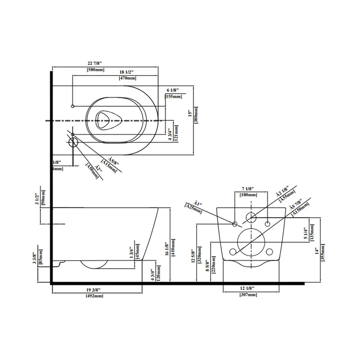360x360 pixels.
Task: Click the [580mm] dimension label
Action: coord(95,70)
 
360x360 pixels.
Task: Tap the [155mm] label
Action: coord(174,97)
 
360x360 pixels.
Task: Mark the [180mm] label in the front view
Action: coord(249,194)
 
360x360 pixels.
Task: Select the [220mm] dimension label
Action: coord(214,266)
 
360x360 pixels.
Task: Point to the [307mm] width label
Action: coord(249,294)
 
